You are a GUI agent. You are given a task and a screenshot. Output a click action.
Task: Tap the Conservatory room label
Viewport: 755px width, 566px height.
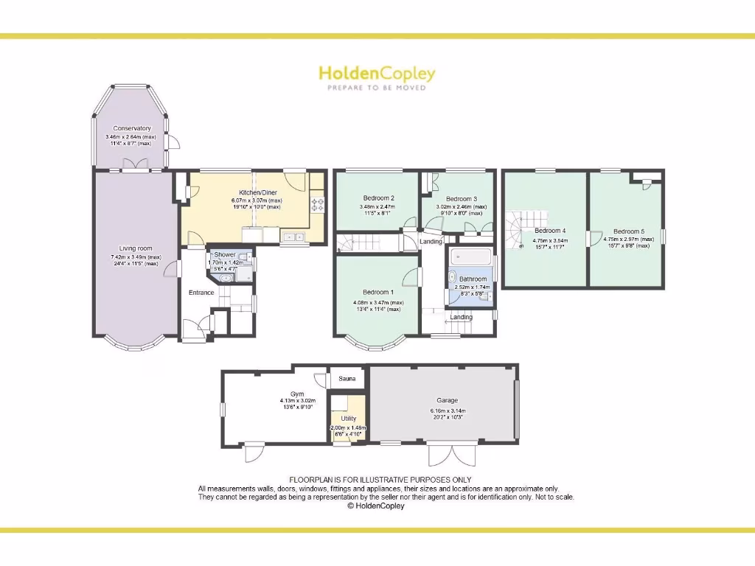[x=132, y=128]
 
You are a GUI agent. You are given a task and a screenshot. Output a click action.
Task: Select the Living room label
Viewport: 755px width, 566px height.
[x=136, y=248]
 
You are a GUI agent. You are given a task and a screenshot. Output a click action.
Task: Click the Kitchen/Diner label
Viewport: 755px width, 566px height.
[x=247, y=192]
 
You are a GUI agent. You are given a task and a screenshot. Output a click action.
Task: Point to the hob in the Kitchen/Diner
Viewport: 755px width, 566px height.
[x=318, y=203]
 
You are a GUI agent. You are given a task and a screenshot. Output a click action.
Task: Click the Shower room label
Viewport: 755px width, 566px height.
[x=225, y=254]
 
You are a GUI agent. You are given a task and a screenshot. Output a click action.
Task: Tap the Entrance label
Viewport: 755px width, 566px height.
[x=201, y=293]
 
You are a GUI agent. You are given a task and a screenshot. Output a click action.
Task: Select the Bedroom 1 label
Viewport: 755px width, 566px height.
[x=378, y=291]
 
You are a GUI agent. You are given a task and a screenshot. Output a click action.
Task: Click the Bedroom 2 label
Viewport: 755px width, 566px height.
[x=378, y=198]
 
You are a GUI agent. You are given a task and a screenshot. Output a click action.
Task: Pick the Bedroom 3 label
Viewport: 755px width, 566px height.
[x=462, y=198]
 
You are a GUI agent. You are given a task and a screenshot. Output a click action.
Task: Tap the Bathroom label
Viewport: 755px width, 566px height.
[x=473, y=279]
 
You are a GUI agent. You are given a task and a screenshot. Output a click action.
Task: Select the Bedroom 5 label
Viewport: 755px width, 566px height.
[x=629, y=231]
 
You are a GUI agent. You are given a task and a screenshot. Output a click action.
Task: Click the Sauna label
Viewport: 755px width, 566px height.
[x=347, y=379]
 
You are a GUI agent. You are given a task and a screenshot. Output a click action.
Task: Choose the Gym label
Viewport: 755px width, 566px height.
[x=296, y=394]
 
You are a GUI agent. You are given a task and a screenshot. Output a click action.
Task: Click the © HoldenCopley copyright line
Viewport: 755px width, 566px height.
[x=376, y=506]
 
